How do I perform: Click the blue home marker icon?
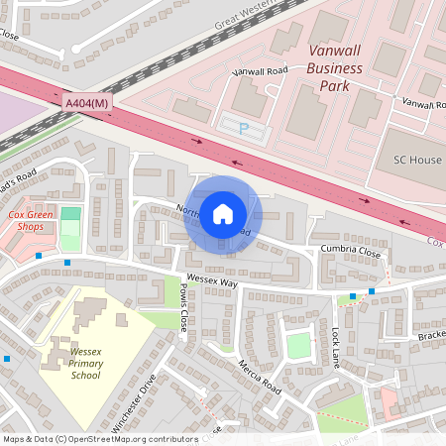point(223,213)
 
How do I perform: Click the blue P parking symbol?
point(245,127)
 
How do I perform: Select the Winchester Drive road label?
point(135,402)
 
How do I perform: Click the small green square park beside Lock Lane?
point(298,345)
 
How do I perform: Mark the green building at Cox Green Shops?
point(70,214)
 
